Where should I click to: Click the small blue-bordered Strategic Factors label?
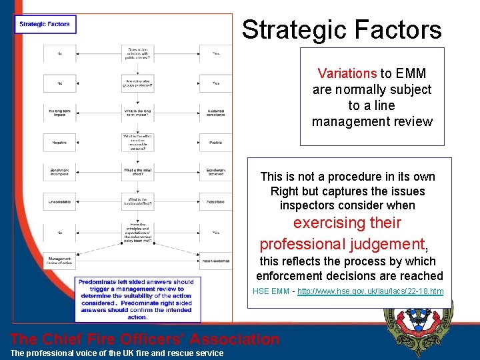tap(45, 25)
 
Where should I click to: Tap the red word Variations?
tap(347, 73)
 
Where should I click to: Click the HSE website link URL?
tap(370, 291)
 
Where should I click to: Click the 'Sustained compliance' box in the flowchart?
tap(215, 112)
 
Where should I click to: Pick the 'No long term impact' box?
tap(60, 112)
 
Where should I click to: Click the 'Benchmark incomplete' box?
tap(60, 171)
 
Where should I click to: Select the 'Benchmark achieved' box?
tap(215, 171)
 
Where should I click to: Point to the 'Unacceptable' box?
tap(60, 201)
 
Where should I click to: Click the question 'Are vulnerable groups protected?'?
tap(138, 83)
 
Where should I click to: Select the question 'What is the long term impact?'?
tap(138, 112)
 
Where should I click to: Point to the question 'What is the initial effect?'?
tap(138, 171)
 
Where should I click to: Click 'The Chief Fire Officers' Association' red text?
tap(145, 339)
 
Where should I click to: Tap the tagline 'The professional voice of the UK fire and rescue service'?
tap(117, 353)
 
